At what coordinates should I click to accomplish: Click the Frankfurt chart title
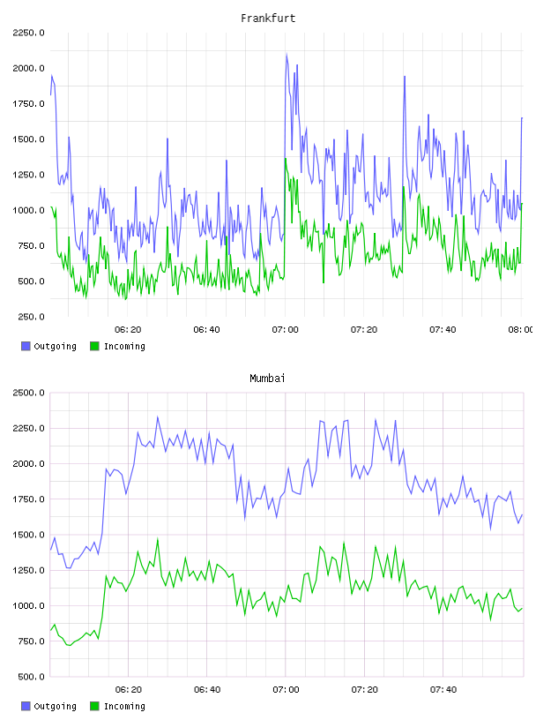pyautogui.click(x=268, y=19)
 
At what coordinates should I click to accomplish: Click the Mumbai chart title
pyautogui.click(x=267, y=379)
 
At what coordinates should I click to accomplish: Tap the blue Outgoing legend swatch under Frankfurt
pyautogui.click(x=26, y=346)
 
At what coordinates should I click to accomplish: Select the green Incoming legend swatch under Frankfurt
pyautogui.click(x=94, y=346)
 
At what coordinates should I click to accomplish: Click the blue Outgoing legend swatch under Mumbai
pyautogui.click(x=26, y=706)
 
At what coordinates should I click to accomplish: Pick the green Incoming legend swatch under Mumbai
pyautogui.click(x=94, y=706)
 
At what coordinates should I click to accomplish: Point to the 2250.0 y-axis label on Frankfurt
pyautogui.click(x=28, y=33)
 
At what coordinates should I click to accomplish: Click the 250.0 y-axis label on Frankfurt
pyautogui.click(x=31, y=317)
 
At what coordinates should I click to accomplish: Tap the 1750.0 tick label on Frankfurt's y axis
pyautogui.click(x=28, y=104)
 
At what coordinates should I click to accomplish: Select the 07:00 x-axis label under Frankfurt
pyautogui.click(x=285, y=330)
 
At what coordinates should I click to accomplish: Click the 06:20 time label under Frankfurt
pyautogui.click(x=128, y=330)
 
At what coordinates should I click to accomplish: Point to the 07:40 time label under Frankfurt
pyautogui.click(x=443, y=330)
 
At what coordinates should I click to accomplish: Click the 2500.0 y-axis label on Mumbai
pyautogui.click(x=28, y=393)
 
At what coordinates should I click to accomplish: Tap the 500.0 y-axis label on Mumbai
pyautogui.click(x=31, y=677)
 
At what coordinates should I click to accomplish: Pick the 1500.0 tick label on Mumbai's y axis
pyautogui.click(x=28, y=535)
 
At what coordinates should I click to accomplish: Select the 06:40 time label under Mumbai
pyautogui.click(x=207, y=690)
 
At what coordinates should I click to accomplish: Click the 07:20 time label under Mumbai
pyautogui.click(x=365, y=690)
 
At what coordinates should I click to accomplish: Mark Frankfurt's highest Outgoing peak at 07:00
pyautogui.click(x=287, y=55)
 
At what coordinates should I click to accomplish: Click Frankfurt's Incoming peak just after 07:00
pyautogui.click(x=286, y=159)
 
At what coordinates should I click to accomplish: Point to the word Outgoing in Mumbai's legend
pyautogui.click(x=55, y=707)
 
